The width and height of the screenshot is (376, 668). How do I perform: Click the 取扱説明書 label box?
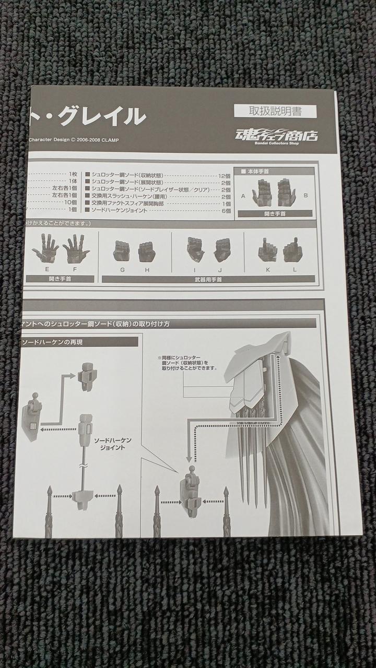(275, 111)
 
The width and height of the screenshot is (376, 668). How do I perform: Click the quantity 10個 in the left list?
(70, 202)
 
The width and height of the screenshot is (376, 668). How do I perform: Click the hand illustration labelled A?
(262, 192)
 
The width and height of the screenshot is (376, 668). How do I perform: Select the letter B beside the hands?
(305, 196)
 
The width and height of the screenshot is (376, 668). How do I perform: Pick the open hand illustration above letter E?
(46, 248)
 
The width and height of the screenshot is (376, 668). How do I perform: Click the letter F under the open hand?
(75, 269)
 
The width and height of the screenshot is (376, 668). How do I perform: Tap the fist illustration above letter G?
(122, 251)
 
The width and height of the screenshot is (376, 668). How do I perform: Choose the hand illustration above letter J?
(222, 250)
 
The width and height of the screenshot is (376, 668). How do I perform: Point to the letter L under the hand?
(295, 269)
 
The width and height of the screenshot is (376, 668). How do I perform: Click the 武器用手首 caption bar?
(208, 279)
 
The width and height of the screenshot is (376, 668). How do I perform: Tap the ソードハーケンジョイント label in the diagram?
(113, 444)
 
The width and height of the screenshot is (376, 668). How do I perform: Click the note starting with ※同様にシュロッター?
(181, 363)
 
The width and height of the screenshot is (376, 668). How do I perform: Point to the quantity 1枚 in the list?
(72, 174)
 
